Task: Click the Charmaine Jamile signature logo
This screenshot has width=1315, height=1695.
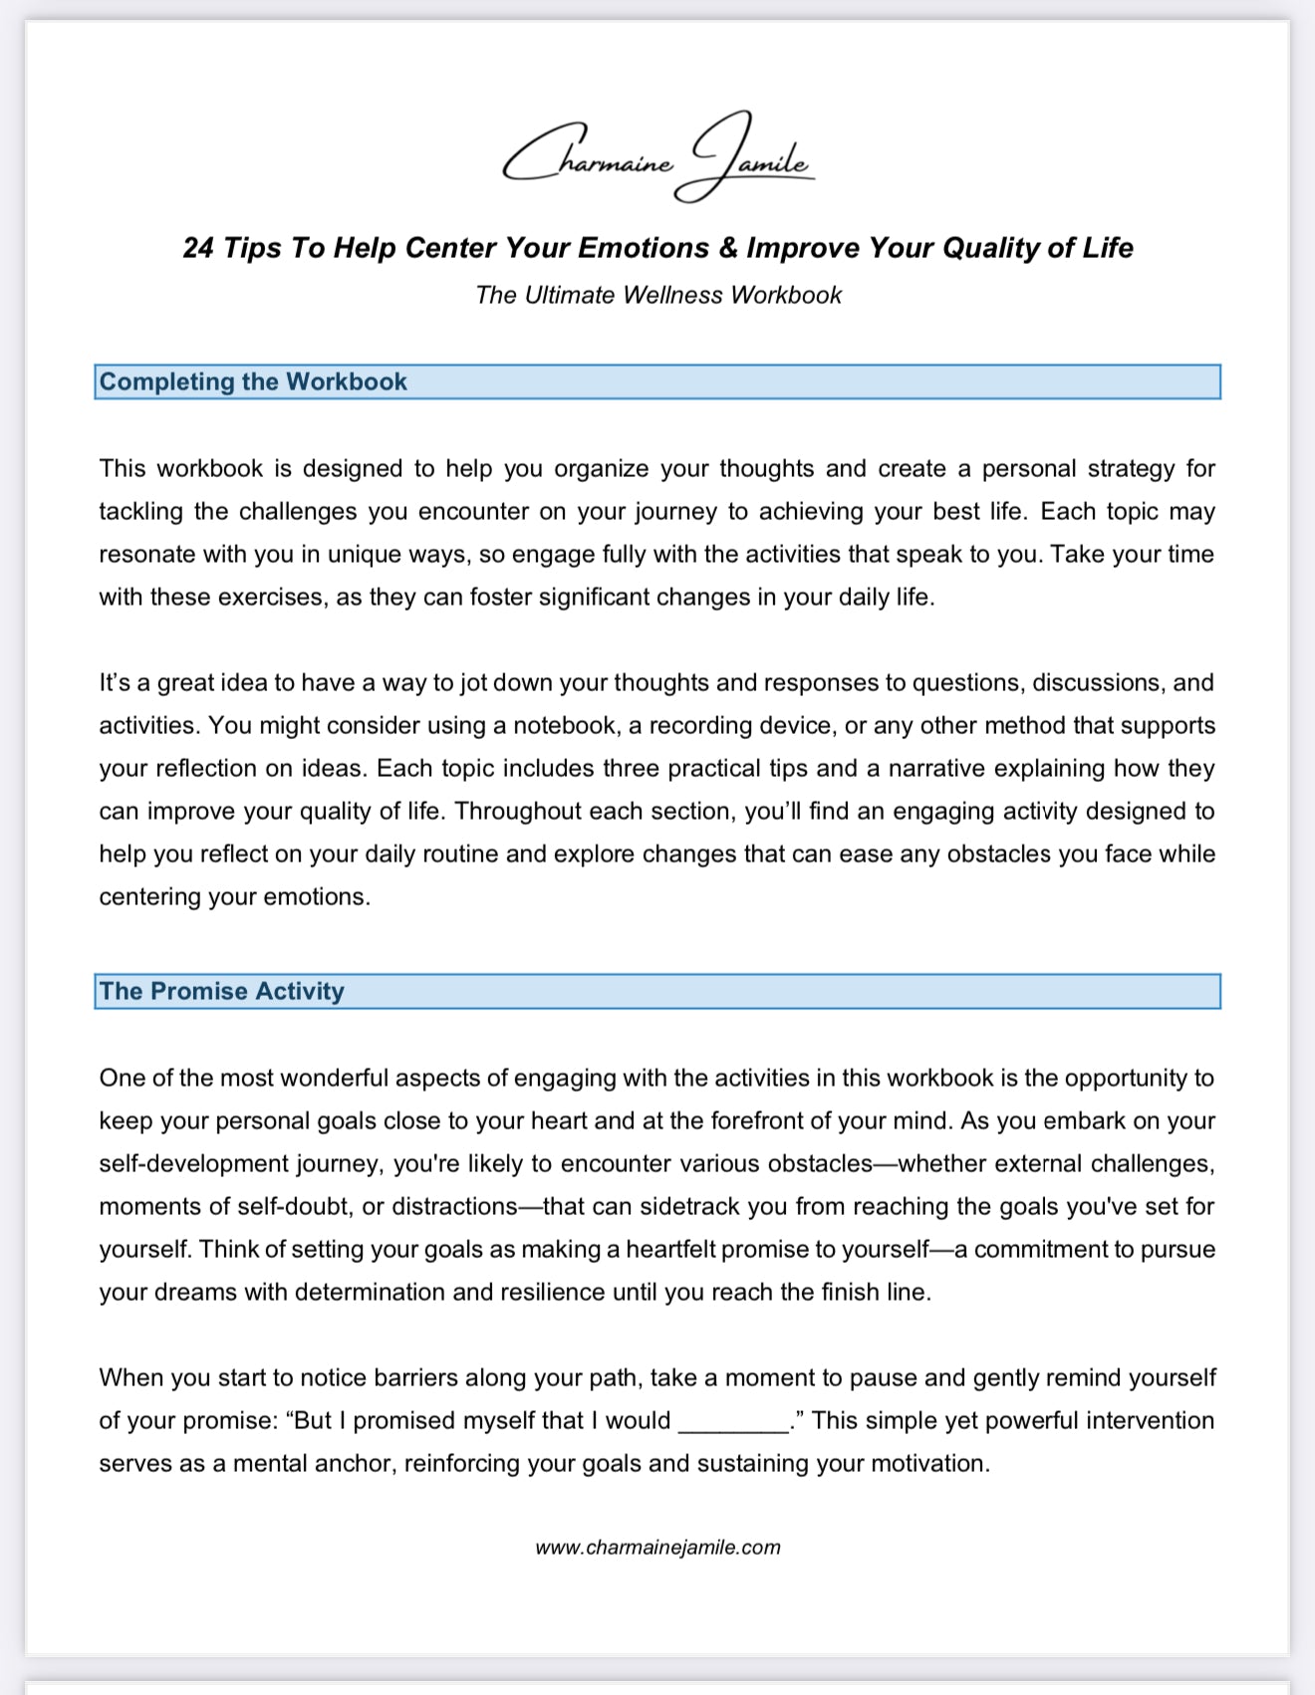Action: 657,157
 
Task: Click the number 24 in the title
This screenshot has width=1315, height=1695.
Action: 198,248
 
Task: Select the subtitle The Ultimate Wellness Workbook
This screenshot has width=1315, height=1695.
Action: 657,296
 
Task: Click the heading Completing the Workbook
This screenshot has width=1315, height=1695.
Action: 253,382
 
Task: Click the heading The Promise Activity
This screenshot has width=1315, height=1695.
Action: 221,992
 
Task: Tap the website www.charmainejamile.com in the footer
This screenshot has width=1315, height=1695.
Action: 657,1548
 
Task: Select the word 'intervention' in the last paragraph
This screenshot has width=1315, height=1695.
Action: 1150,1421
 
